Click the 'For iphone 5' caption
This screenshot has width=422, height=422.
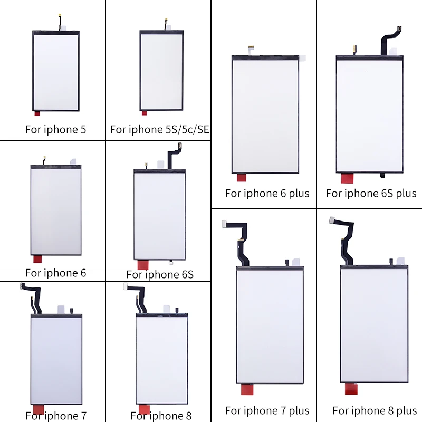click(x=55, y=129)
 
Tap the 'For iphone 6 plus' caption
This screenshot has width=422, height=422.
click(x=267, y=193)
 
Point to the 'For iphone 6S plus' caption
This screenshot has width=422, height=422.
click(x=371, y=193)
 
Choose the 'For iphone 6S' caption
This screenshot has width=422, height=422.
click(x=160, y=274)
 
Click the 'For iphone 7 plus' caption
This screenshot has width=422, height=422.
click(x=267, y=410)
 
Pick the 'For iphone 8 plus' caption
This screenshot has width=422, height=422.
click(x=375, y=410)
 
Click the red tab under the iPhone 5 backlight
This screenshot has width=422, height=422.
click(x=36, y=112)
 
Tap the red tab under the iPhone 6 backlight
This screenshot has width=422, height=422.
click(x=37, y=259)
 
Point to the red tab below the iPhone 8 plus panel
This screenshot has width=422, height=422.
click(x=351, y=389)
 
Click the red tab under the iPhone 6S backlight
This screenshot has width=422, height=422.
click(x=143, y=265)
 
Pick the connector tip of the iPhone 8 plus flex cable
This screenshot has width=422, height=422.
click(x=332, y=219)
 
